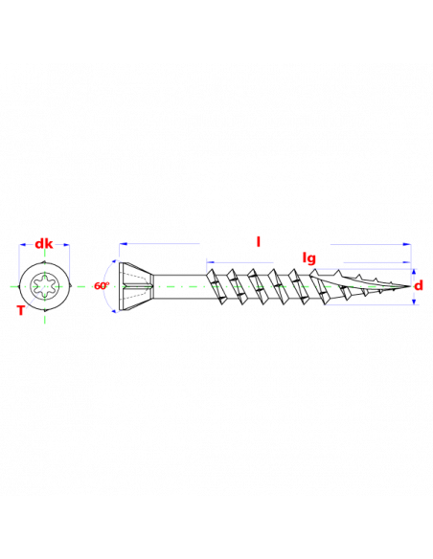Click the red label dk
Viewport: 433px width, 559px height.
tap(44, 244)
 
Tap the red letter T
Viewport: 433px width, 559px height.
tap(21, 311)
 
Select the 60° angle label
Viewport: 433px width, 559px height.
tap(102, 286)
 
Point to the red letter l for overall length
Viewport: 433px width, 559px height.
tap(259, 242)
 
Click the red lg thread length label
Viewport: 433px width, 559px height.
tap(308, 257)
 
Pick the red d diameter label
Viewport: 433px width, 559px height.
tap(419, 285)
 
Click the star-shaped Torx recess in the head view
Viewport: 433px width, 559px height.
tap(44, 286)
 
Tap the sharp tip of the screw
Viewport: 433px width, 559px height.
tap(410, 286)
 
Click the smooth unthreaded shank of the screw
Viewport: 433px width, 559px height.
tap(180, 286)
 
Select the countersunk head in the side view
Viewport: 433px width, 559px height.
tap(136, 286)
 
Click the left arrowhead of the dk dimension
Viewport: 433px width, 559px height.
tap(22, 245)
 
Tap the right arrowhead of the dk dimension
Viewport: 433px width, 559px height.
tap(66, 245)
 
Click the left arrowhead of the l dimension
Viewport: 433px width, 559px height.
tap(123, 244)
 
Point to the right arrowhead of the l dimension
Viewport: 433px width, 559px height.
tap(407, 245)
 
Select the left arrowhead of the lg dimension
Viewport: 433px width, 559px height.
tap(210, 262)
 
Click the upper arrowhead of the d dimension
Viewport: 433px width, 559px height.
tap(414, 272)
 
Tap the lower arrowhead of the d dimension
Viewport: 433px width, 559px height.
tap(414, 302)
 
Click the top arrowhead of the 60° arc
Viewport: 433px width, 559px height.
tap(114, 261)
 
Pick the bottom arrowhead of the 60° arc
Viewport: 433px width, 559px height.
tap(114, 311)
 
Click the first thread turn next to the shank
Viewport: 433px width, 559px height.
tap(215, 286)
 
